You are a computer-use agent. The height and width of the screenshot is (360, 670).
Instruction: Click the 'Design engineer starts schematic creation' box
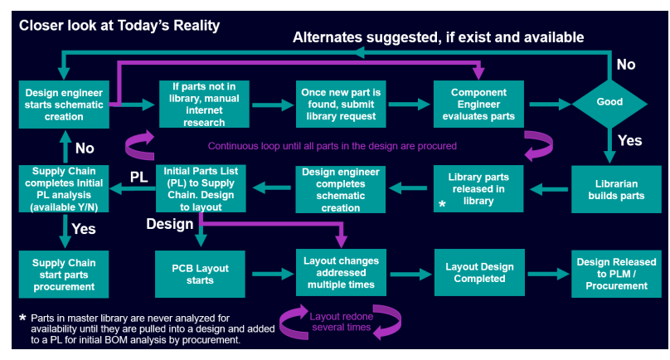[x=65, y=105]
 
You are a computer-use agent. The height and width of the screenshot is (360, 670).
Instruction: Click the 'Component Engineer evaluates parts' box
[x=479, y=105]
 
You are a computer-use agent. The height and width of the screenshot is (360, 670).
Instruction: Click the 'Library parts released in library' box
[x=479, y=189]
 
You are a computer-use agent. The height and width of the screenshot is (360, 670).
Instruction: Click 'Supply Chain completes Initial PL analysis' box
[x=65, y=188]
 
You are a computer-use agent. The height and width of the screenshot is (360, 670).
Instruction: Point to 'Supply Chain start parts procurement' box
[x=65, y=274]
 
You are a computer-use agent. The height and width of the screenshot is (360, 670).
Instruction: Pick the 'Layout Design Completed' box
[x=479, y=273]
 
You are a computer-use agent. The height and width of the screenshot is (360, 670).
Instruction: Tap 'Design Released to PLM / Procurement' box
[x=617, y=273]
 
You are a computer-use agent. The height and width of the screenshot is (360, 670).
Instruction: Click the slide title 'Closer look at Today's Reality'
[x=119, y=25]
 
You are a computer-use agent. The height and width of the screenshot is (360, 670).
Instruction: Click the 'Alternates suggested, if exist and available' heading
[x=439, y=37]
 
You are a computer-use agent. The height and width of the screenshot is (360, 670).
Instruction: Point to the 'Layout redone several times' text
[x=342, y=322]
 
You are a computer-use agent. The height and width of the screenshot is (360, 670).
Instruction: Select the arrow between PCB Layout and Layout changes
[x=272, y=274]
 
